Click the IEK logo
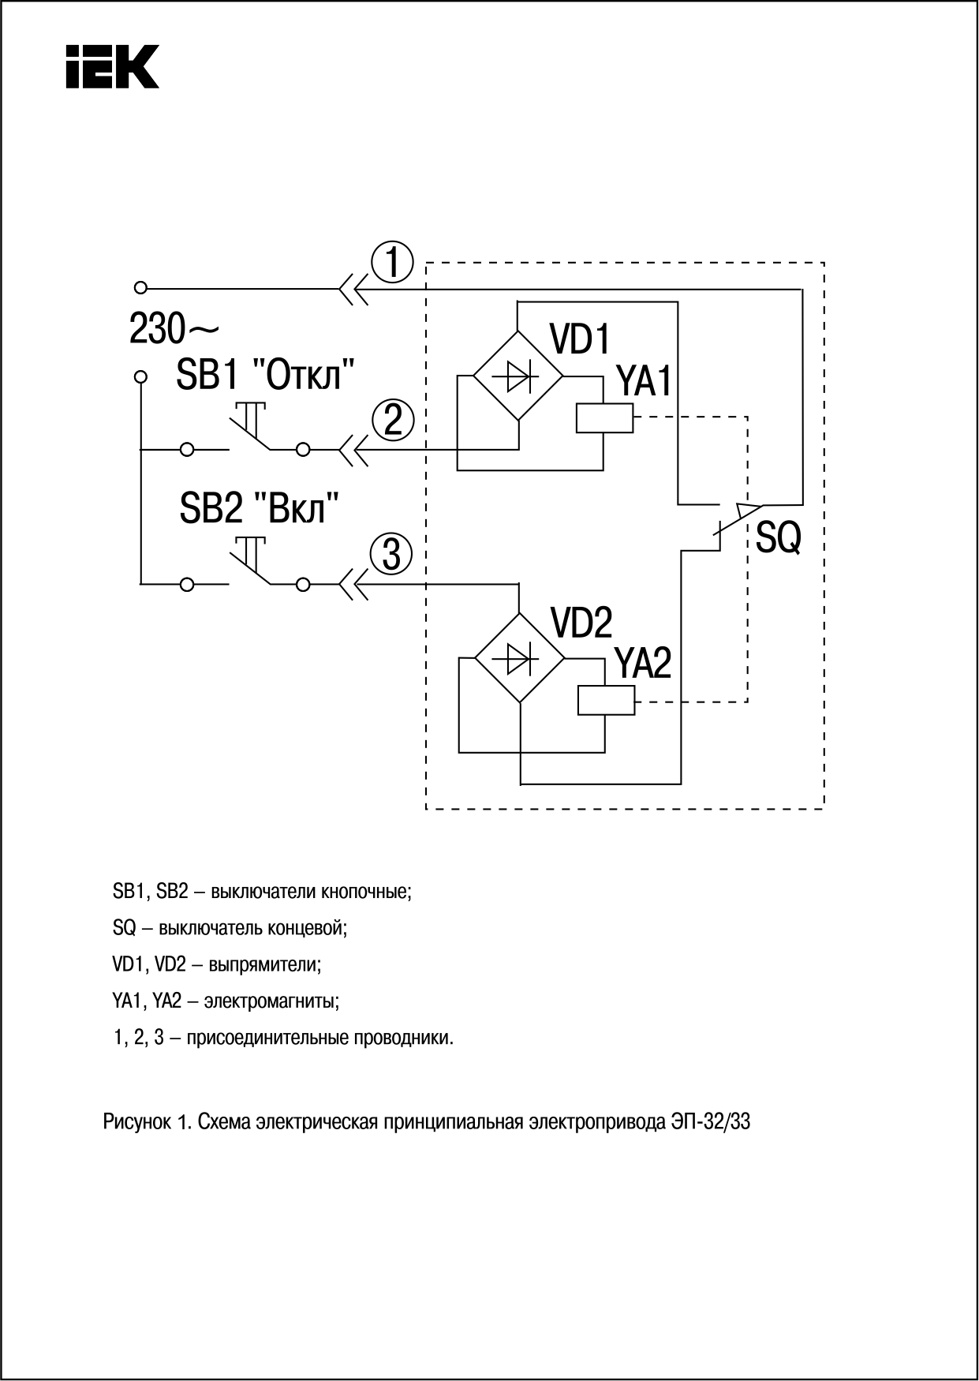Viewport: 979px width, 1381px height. (111, 65)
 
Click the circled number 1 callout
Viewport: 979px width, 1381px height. (392, 263)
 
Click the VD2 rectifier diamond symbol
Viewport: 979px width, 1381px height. (520, 657)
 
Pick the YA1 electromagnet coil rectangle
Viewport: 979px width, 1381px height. (604, 417)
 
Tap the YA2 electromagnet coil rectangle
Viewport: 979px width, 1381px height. (606, 699)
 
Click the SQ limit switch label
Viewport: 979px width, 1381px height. (778, 539)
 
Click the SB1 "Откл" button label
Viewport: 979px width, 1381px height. (265, 374)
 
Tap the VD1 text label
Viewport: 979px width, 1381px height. (581, 339)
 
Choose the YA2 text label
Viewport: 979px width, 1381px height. (643, 664)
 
